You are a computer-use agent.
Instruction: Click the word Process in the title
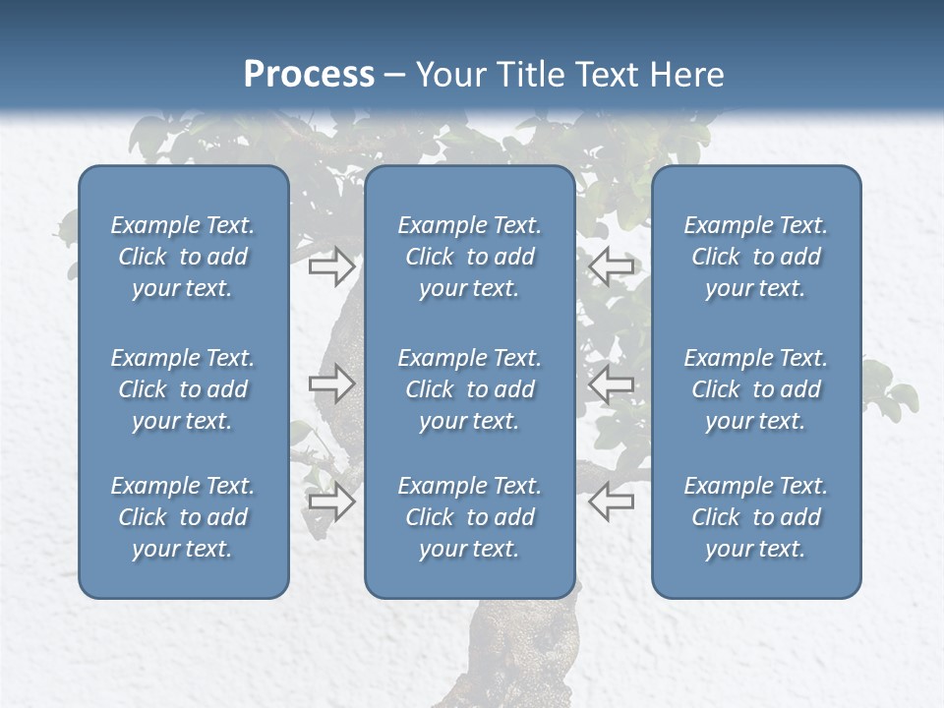click(309, 74)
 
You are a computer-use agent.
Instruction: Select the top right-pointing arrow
click(331, 265)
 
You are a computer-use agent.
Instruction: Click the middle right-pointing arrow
click(331, 383)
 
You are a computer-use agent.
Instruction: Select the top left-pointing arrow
click(612, 265)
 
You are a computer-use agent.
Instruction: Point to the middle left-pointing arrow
click(612, 383)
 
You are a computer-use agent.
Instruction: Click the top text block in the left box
click(183, 257)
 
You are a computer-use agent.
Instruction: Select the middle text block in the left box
click(183, 389)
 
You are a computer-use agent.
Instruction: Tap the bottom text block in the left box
click(183, 517)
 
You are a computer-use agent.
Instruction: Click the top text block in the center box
click(470, 257)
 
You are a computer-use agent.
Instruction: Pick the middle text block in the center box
click(470, 389)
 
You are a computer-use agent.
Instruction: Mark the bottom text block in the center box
click(470, 517)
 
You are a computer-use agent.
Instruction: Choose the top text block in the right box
click(756, 257)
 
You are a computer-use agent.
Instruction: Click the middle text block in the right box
click(756, 389)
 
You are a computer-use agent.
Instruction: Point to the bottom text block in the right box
click(756, 517)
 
